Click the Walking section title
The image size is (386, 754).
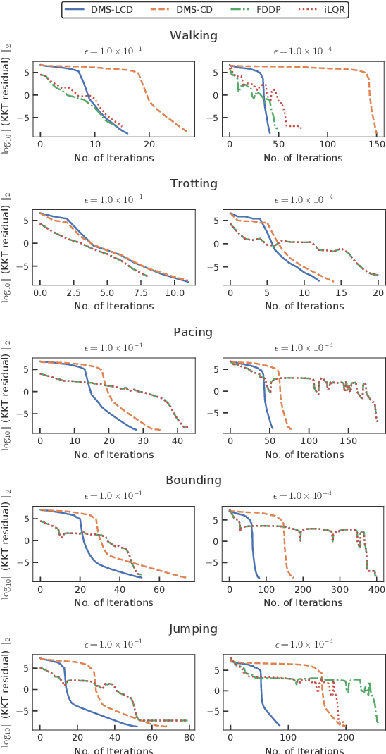[194, 35]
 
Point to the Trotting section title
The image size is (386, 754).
[194, 184]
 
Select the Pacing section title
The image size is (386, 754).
[194, 332]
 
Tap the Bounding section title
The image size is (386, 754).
[194, 480]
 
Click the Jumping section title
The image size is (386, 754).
[194, 629]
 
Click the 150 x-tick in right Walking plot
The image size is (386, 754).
[377, 144]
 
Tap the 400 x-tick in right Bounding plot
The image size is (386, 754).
[377, 589]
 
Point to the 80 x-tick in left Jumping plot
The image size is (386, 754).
[189, 737]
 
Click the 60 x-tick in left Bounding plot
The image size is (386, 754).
[159, 589]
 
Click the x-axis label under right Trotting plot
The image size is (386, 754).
[303, 306]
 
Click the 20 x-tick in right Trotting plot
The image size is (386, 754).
[378, 292]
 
